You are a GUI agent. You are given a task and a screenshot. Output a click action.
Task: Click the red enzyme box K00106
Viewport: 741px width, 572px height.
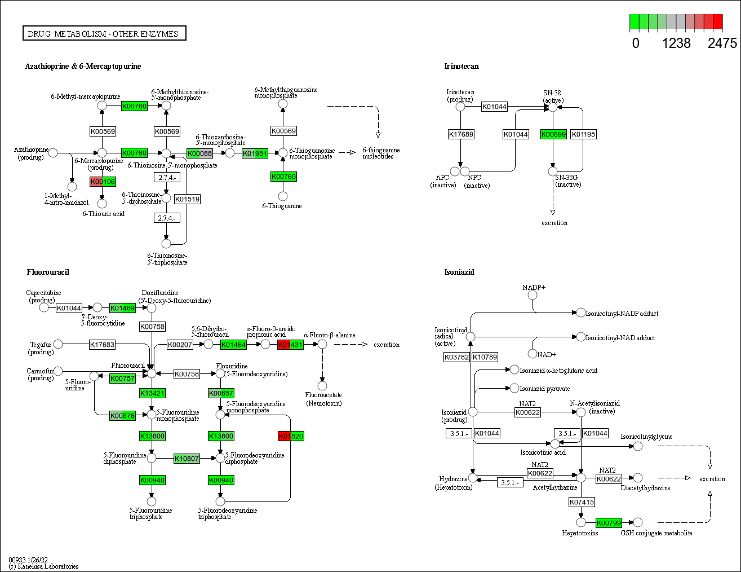tap(103, 182)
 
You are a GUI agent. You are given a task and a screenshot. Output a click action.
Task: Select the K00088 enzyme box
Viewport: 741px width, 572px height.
tap(199, 153)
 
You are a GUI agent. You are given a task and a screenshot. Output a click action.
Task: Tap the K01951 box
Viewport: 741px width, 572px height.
tap(255, 153)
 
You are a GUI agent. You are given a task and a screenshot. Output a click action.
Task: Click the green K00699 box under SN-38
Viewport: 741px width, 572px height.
tap(553, 134)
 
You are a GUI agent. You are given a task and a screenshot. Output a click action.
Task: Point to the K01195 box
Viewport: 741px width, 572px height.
tap(583, 134)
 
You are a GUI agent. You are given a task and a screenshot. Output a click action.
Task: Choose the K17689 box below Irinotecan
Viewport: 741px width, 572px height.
tap(461, 134)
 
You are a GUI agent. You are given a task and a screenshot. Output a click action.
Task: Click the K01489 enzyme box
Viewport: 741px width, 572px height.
tap(122, 308)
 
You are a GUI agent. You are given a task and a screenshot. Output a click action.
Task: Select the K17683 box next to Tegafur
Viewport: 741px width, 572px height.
tap(102, 345)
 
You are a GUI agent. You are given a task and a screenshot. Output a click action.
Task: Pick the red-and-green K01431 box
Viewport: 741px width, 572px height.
tap(290, 345)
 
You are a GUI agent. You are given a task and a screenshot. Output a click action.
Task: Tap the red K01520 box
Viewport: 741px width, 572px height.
tap(291, 436)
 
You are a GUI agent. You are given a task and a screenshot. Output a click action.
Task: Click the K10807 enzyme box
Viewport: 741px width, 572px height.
tap(187, 459)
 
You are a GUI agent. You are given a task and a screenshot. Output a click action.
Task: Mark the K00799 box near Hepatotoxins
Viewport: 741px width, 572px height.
tap(609, 523)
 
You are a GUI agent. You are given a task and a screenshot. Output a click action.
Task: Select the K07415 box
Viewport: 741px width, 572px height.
tap(582, 502)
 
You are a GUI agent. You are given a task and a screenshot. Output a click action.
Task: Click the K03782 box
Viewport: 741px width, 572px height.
tap(456, 357)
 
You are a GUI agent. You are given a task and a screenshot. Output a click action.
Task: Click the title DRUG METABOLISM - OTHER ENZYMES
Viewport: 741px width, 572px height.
tap(104, 34)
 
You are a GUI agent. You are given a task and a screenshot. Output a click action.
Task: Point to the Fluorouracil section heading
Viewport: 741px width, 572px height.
tap(48, 272)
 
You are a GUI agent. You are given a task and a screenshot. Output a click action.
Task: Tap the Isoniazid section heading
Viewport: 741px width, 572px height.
tap(459, 272)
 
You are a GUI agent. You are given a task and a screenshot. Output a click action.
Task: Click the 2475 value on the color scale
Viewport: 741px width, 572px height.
tap(722, 43)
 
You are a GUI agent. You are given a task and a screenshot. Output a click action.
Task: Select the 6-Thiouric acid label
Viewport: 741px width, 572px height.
tap(103, 214)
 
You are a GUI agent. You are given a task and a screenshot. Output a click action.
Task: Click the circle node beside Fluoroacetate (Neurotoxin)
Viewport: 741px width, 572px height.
tap(322, 386)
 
